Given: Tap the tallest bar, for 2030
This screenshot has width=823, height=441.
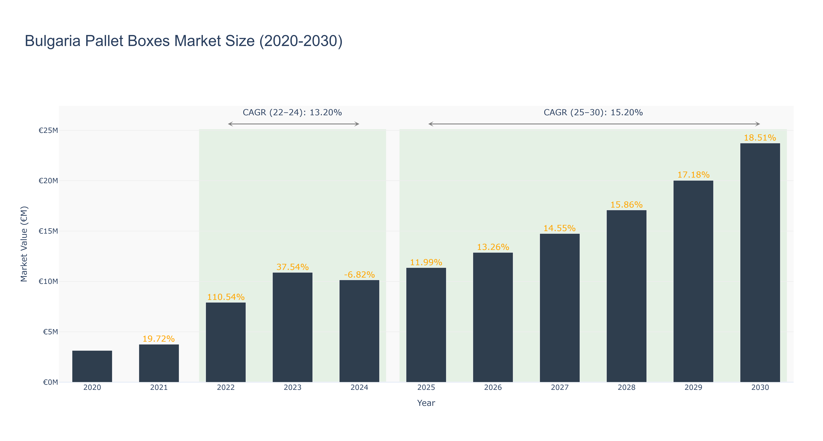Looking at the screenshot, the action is (760, 263).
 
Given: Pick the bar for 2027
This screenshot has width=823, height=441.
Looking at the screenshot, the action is (560, 308).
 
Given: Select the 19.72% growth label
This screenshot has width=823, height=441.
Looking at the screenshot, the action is (159, 339).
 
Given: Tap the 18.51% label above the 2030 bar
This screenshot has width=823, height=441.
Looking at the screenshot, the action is (760, 138).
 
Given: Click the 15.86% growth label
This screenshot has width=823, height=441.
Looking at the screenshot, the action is (627, 204).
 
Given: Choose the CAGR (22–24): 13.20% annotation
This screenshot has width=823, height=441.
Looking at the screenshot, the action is (292, 112).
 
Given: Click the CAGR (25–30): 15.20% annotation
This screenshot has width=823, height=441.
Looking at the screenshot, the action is (593, 112).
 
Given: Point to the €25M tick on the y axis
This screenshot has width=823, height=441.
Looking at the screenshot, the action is (48, 130).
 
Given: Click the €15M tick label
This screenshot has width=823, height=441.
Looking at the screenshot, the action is (48, 231).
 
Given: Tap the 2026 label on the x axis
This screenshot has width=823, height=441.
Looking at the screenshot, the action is (493, 387).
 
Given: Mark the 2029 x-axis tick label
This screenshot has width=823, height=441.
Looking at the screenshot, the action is (693, 387).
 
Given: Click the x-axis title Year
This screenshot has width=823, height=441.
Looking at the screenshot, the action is (426, 403).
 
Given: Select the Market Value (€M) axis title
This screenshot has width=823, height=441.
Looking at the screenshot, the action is (24, 244).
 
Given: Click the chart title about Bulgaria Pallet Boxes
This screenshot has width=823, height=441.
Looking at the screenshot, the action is (184, 41).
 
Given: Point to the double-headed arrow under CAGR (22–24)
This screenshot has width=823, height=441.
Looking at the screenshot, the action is (294, 124).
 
